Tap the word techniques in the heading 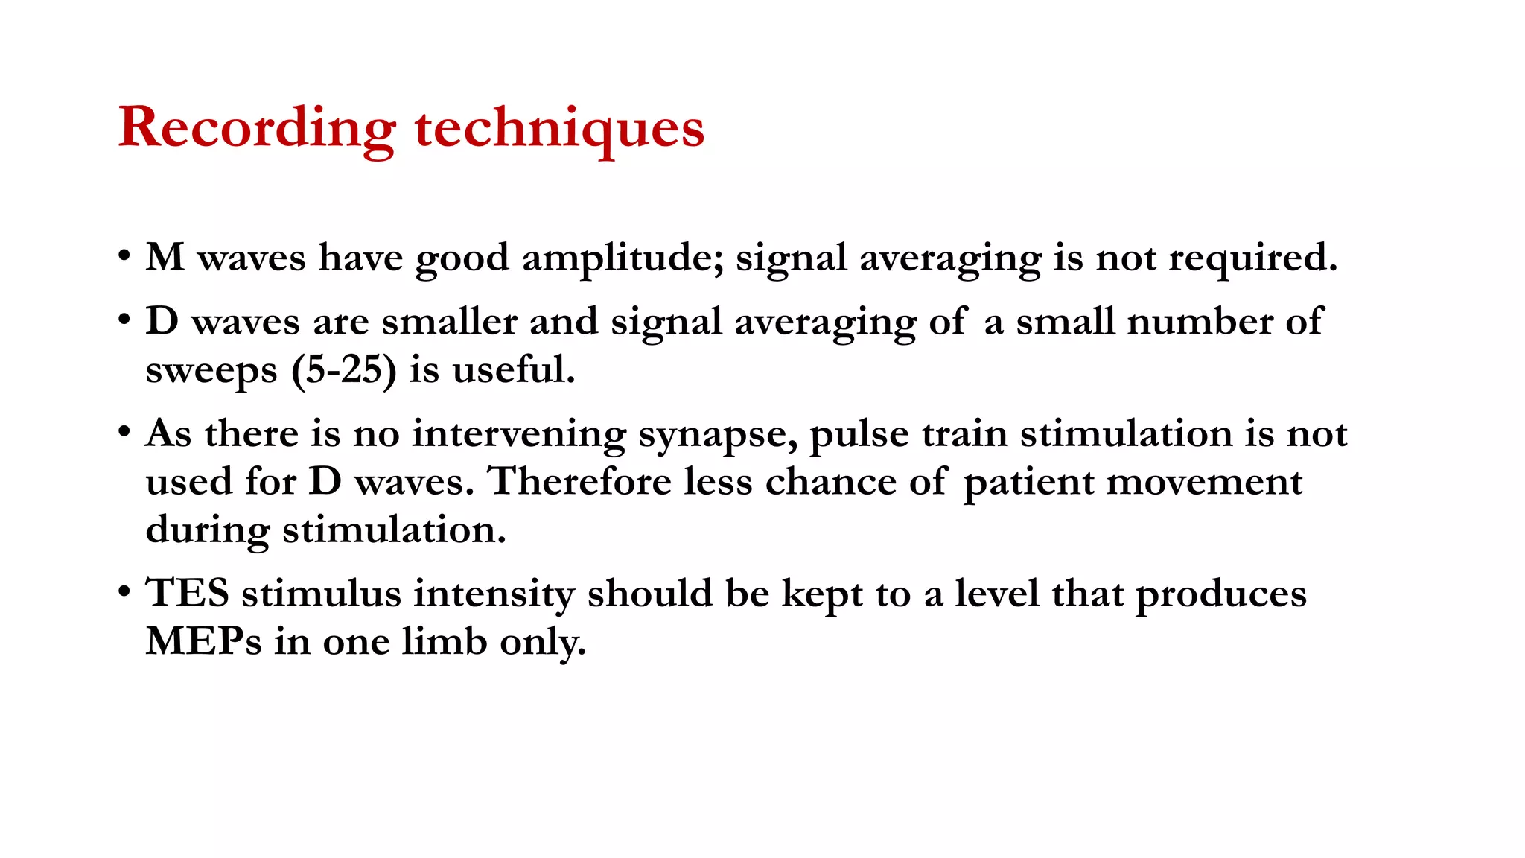click(x=559, y=128)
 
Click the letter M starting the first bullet click(x=165, y=258)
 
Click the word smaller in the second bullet click(x=449, y=322)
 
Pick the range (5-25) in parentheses click(x=344, y=370)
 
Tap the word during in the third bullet click(x=207, y=531)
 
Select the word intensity click(x=494, y=595)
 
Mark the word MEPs click(x=203, y=642)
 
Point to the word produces click(x=1220, y=595)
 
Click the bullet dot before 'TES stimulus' click(x=124, y=594)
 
